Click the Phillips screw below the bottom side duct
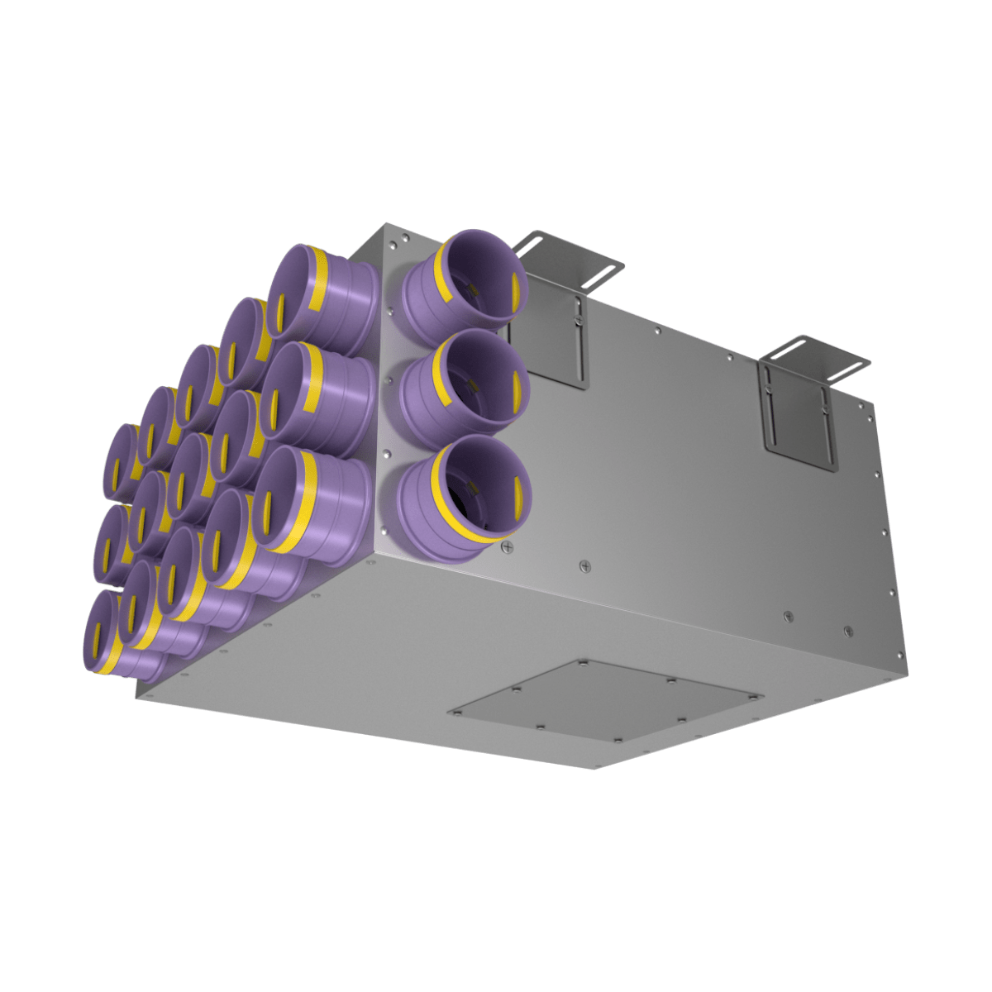click(507, 546)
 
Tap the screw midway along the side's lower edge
click(585, 565)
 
